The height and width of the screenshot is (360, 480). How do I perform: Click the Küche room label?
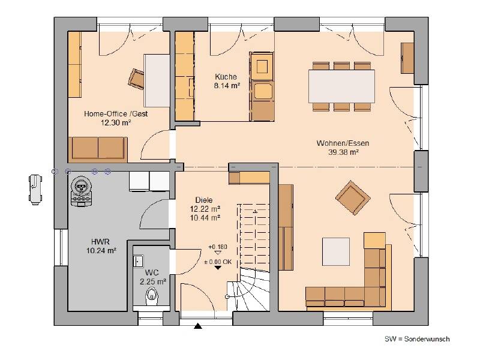[226, 77]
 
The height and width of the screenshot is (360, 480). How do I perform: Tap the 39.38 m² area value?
[343, 152]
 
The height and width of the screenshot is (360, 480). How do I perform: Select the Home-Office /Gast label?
[116, 114]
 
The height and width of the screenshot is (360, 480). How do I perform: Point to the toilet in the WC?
[151, 296]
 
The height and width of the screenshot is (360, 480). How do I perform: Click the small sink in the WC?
[138, 261]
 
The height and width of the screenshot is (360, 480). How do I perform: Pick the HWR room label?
[100, 242]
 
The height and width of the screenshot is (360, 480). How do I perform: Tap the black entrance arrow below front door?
[198, 326]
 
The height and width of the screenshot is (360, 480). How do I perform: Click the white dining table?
[341, 86]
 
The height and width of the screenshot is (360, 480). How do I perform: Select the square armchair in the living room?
[353, 198]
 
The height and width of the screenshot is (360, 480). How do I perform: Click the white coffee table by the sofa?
[336, 251]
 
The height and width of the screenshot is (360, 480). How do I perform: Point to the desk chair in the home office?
[136, 79]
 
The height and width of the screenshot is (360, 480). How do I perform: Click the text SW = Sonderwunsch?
[417, 339]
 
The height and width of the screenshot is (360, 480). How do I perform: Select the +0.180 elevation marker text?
[218, 247]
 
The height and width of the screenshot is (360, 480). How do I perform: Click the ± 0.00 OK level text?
[218, 262]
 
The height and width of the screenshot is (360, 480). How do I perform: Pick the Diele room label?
[204, 200]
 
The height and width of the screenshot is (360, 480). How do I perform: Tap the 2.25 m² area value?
[153, 281]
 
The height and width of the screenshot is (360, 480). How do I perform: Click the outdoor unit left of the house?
[35, 190]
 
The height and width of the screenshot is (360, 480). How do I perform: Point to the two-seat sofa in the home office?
[98, 148]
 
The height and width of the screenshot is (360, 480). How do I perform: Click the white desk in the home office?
[157, 80]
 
